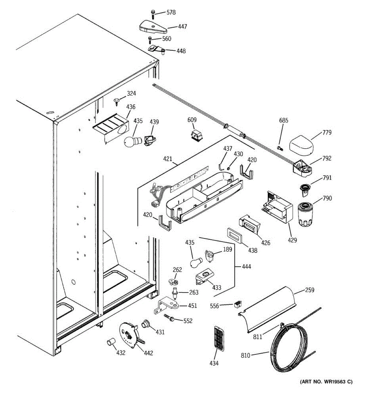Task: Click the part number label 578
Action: click(171, 12)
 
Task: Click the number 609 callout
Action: click(192, 120)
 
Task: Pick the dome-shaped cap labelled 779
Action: click(302, 144)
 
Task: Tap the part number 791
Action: click(327, 178)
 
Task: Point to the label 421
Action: click(167, 159)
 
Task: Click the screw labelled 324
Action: click(117, 101)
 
